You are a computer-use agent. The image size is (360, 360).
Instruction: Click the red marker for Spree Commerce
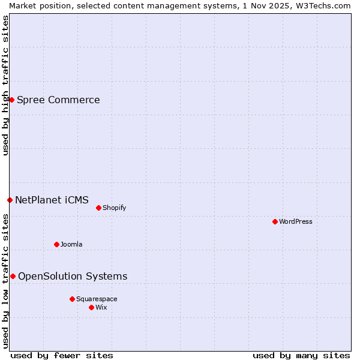[x=11, y=100]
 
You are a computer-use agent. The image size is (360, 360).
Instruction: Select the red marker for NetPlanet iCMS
[x=10, y=200]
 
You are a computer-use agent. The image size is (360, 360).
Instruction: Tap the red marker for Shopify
[x=98, y=208]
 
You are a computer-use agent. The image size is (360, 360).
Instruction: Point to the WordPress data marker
[x=275, y=221]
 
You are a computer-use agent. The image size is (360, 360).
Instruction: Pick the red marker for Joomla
[x=56, y=244]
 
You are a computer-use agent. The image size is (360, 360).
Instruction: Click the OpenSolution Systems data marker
[x=13, y=276]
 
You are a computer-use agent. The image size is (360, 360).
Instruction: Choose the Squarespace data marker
[x=72, y=299]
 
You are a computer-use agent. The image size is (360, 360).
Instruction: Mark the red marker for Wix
[x=91, y=307]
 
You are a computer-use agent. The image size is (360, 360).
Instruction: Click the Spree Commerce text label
[x=58, y=100]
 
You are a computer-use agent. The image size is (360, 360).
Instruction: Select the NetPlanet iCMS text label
[x=52, y=200]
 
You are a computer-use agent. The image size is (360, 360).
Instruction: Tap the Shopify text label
[x=114, y=208]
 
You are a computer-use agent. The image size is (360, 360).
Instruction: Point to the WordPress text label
[x=295, y=221]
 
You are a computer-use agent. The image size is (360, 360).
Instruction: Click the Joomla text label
[x=71, y=244]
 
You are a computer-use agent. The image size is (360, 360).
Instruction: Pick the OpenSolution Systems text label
[x=73, y=276]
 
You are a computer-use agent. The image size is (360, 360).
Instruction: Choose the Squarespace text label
[x=97, y=299]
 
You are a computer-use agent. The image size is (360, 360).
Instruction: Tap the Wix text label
[x=101, y=307]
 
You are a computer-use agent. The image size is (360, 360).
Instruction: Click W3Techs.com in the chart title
[x=326, y=5]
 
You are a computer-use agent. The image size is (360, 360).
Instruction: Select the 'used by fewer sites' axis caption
[x=62, y=355]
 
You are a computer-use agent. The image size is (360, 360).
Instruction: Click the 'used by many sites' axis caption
[x=301, y=355]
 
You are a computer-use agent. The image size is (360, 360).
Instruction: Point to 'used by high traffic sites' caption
[x=5, y=85]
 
